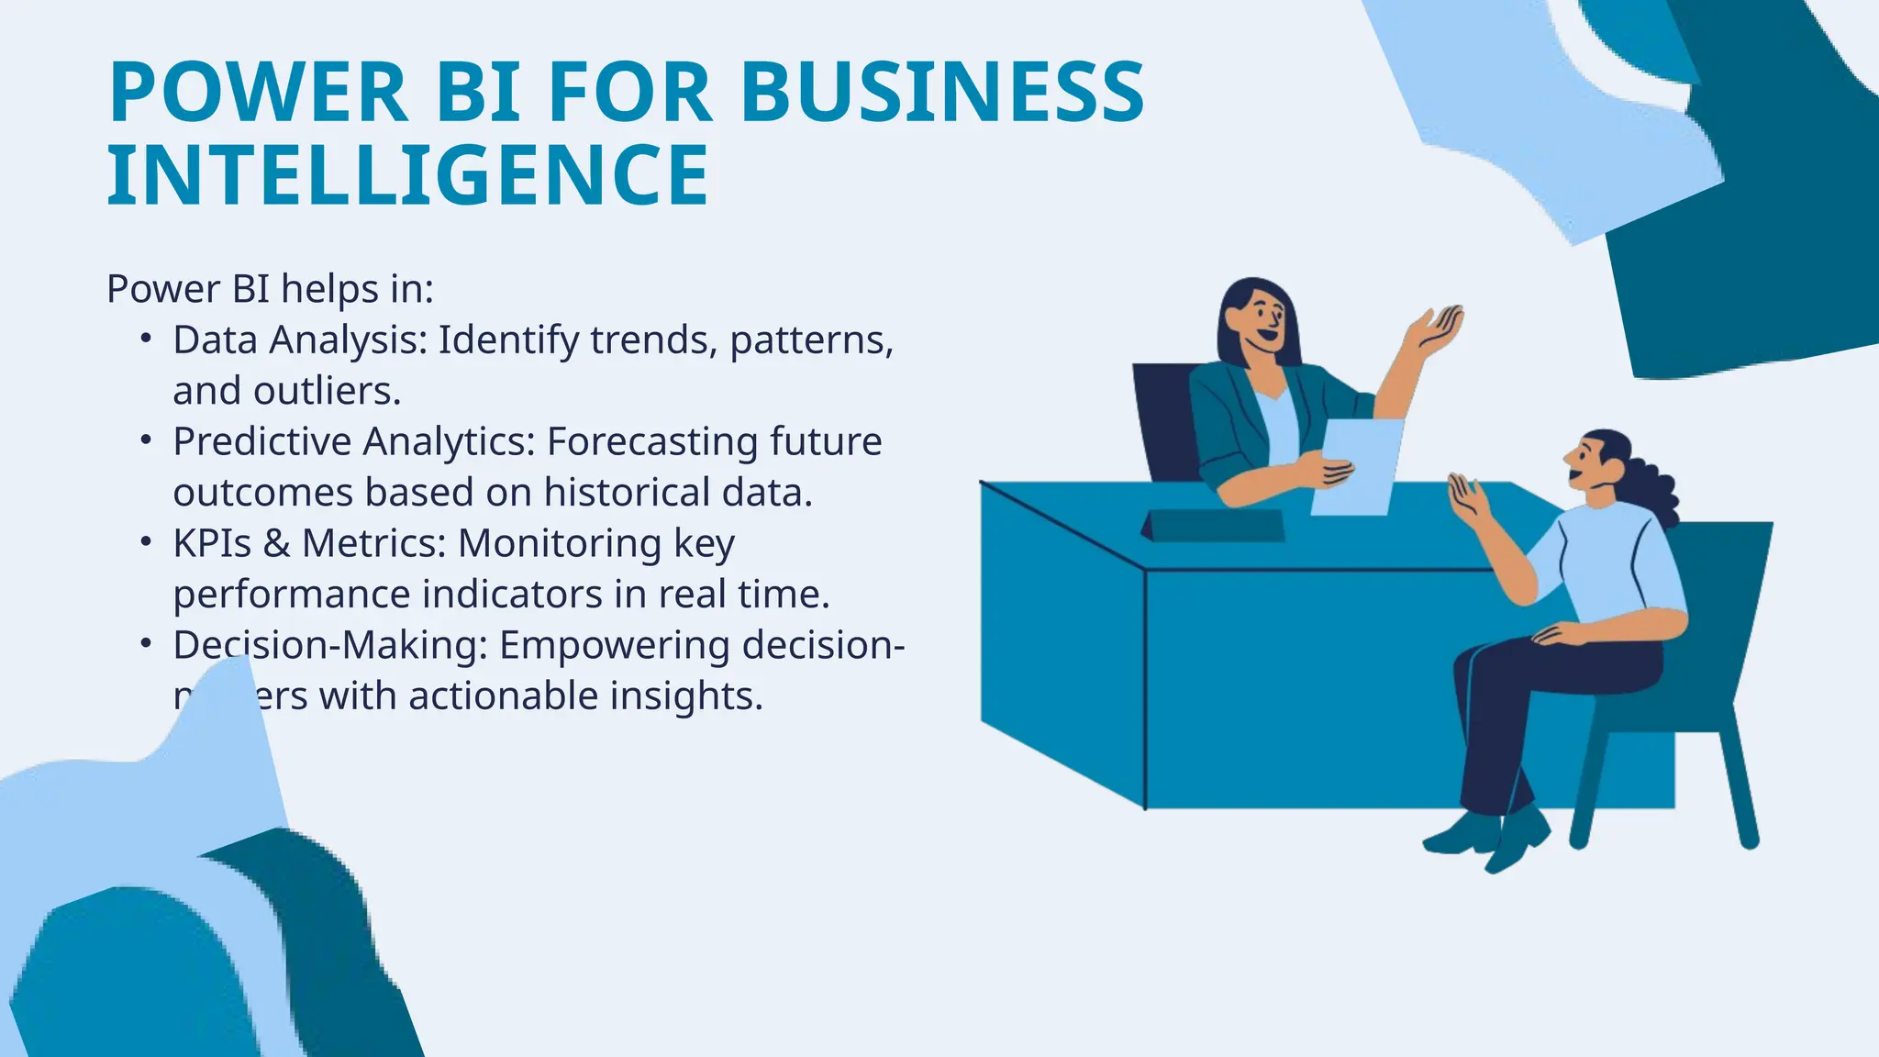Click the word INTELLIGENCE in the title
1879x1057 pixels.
tap(408, 174)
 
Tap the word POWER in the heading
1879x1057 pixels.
tap(258, 92)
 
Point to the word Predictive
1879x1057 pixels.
tap(262, 441)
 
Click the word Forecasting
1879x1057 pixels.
tap(652, 441)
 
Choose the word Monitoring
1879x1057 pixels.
tap(560, 543)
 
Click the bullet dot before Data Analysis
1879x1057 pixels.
tap(146, 339)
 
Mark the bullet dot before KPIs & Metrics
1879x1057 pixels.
tap(146, 542)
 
